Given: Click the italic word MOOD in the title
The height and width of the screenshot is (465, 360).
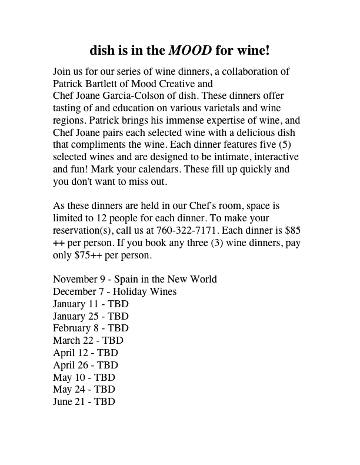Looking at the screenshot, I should click(190, 50).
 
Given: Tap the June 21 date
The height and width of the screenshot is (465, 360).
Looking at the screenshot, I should click(69, 402).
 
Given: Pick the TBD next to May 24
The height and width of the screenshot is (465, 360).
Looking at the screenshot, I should click(104, 390).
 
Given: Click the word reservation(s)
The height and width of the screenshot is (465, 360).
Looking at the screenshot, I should click(83, 231).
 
